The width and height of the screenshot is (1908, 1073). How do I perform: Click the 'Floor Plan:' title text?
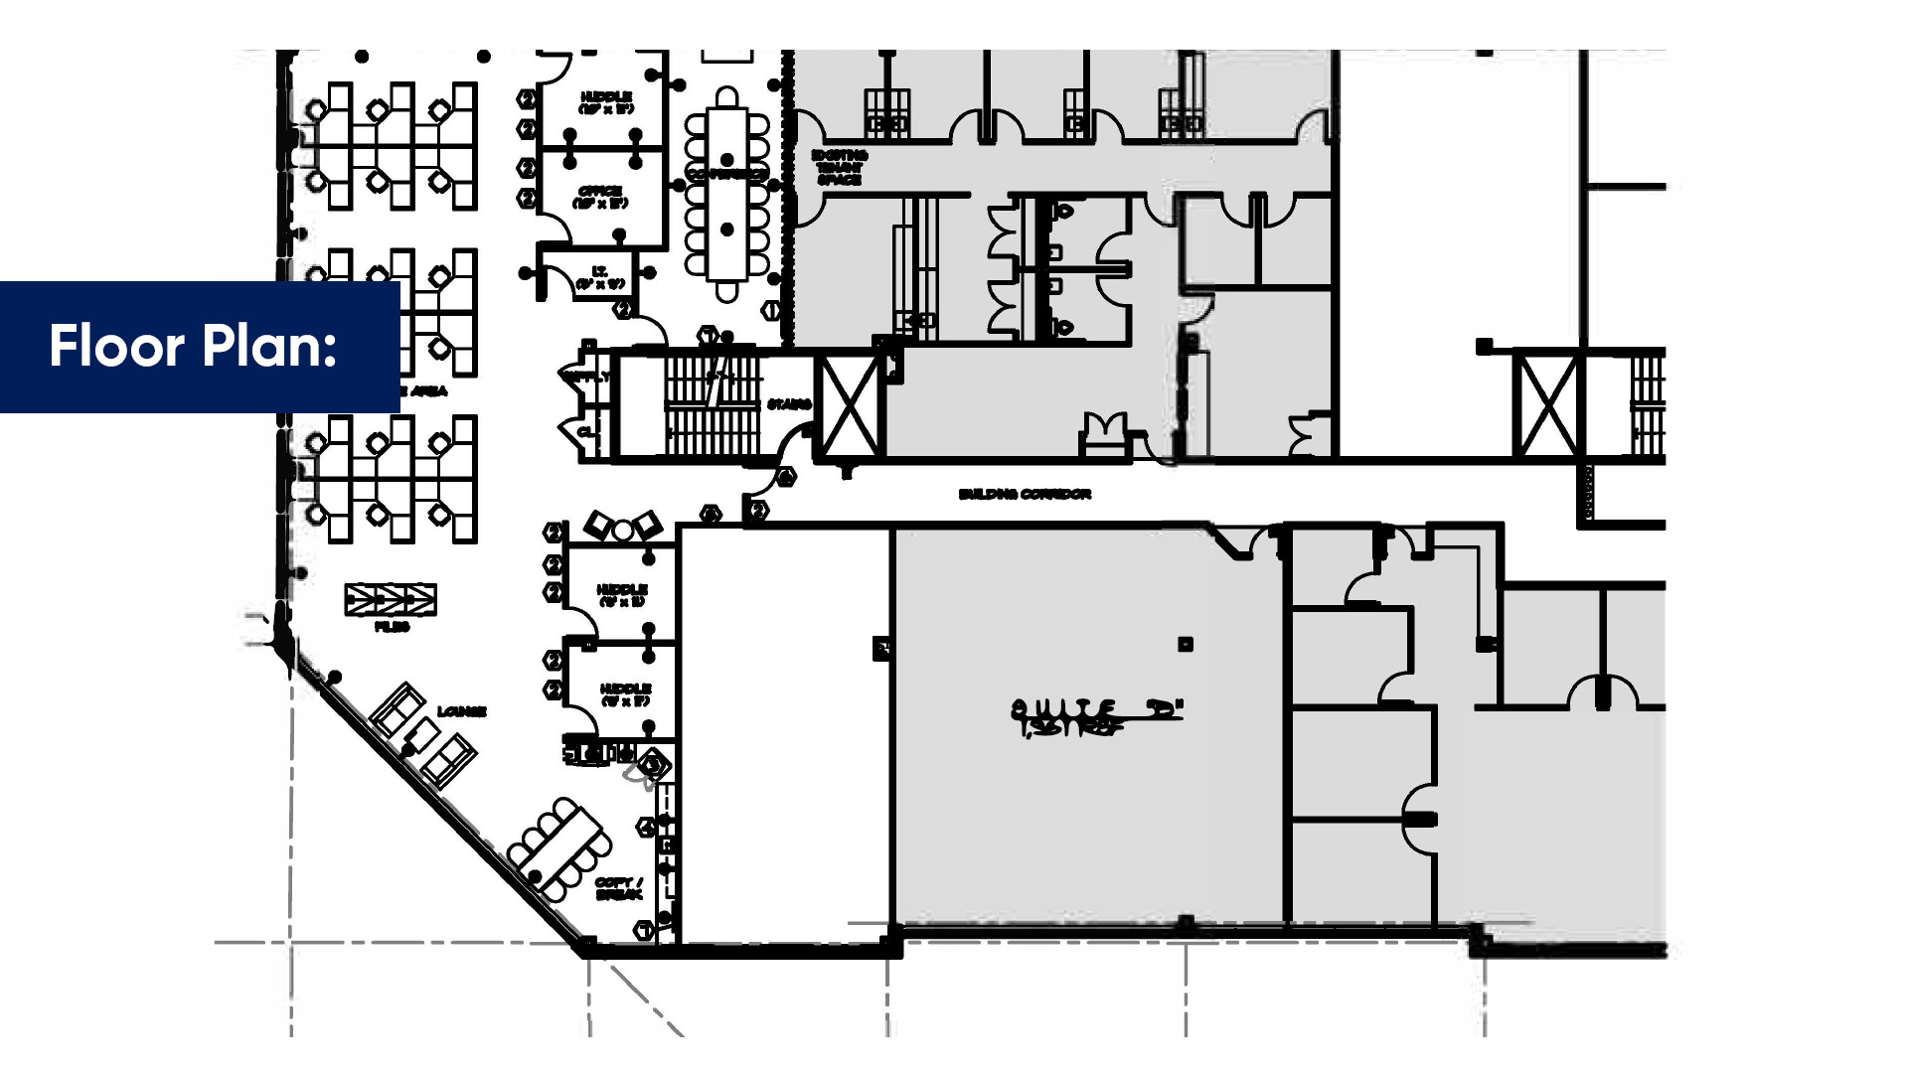point(193,346)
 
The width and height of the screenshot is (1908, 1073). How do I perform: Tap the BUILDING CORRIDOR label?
point(1025,494)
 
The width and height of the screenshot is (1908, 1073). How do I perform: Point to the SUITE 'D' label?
point(1097,709)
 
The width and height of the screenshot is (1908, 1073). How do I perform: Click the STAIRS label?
point(789,404)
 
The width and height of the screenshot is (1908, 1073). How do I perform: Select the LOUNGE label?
point(462,711)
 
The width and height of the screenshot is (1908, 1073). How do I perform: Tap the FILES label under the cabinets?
point(392,627)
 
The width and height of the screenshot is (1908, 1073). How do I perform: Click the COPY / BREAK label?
point(618,888)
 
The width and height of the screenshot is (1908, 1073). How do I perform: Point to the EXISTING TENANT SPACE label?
point(840,168)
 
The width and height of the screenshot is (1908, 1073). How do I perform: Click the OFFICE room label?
point(600,197)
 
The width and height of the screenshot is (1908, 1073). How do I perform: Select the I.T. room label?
point(600,277)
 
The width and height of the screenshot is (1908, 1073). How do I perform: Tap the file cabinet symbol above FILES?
point(391,599)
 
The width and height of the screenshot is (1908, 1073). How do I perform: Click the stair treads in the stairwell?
point(711,405)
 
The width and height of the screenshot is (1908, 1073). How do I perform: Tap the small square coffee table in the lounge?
point(422,735)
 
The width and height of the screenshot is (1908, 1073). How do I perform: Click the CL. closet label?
point(586,432)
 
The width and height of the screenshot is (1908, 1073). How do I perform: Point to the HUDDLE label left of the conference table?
point(606,102)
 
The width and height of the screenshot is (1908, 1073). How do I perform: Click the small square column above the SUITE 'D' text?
point(1186,645)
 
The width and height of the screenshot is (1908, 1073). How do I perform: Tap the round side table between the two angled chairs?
point(622,531)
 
